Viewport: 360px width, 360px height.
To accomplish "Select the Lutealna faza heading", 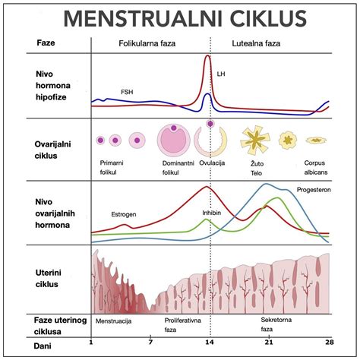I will (x=259, y=44).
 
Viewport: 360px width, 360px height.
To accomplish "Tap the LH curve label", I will (x=221, y=74).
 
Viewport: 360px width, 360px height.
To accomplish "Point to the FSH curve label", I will (x=128, y=92).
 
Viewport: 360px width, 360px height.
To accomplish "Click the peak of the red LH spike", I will (x=209, y=58).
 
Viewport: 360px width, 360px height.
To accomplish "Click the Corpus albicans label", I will (x=320, y=167).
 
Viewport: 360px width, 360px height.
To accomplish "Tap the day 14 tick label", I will (x=210, y=342).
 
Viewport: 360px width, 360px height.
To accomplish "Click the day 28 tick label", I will (x=329, y=342).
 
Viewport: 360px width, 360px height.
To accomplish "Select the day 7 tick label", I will (x=150, y=342).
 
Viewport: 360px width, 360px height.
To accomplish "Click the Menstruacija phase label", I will (x=115, y=321).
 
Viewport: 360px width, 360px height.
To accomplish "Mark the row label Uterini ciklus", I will (x=32, y=277).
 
